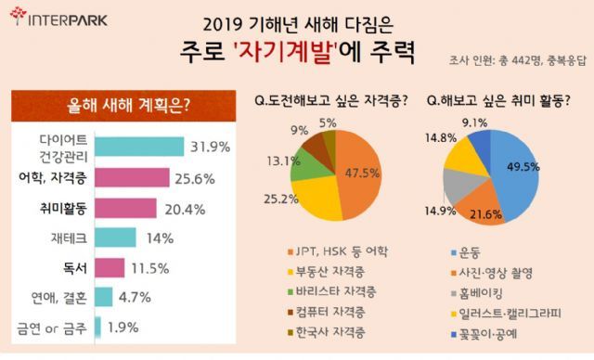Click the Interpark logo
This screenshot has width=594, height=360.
point(58,18)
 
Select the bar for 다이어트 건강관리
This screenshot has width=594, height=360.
point(139,147)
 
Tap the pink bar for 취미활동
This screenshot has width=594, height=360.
point(125,208)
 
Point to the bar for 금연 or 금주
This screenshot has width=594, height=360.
point(97,327)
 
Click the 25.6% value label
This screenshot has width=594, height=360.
point(195,179)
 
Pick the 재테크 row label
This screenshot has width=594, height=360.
point(69,238)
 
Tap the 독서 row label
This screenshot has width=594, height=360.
point(75,268)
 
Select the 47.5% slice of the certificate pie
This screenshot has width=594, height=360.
point(360,174)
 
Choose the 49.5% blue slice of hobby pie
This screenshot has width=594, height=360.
point(517,171)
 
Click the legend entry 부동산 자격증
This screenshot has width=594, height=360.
point(327,272)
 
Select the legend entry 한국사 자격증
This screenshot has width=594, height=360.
point(327,332)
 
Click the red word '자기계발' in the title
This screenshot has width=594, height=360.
point(286,53)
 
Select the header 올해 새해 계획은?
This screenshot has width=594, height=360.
point(128,105)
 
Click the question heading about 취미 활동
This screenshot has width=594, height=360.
point(498,101)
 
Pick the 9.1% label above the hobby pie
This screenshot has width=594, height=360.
point(474,122)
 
